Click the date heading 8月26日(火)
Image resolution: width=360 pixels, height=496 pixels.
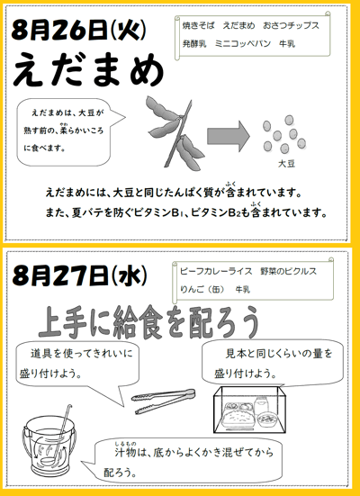pyautogui.click(x=79, y=30)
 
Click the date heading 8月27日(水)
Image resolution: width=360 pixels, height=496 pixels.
pyautogui.click(x=80, y=275)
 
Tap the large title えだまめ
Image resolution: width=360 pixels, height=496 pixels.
pyautogui.click(x=88, y=70)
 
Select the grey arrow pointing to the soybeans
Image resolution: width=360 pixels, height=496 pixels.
pyautogui.click(x=229, y=136)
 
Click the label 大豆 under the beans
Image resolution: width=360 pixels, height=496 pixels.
pyautogui.click(x=286, y=163)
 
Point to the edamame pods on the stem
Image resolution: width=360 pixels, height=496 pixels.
pyautogui.click(x=175, y=132)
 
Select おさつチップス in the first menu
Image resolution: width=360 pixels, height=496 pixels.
pyautogui.click(x=291, y=25)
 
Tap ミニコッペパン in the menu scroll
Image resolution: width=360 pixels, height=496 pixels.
pyautogui.click(x=243, y=43)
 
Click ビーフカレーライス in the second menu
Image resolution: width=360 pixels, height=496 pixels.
pyautogui.click(x=216, y=271)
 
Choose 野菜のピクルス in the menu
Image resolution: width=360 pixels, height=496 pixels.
pyautogui.click(x=289, y=271)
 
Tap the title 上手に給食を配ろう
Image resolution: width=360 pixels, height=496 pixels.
pyautogui.click(x=148, y=322)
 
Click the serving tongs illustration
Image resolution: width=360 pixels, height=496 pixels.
pyautogui.click(x=164, y=401)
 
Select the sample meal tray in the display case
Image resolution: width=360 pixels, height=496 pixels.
pyautogui.click(x=237, y=414)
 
